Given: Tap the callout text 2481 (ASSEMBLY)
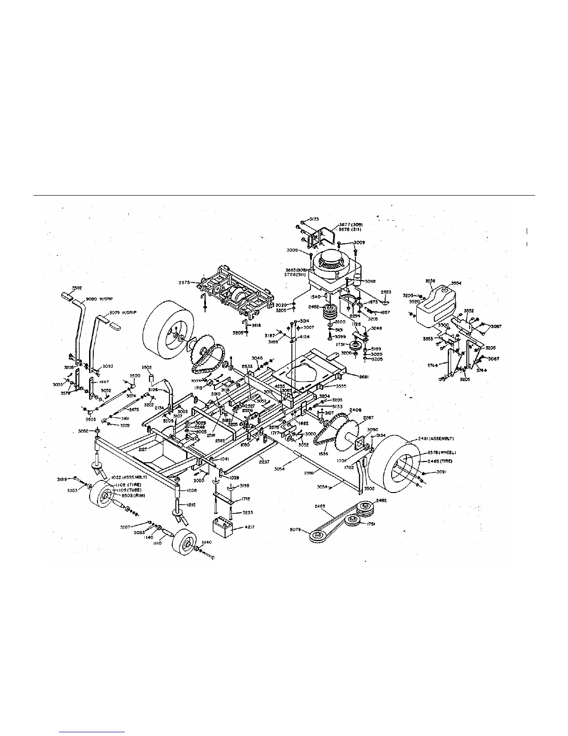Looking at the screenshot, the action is click(x=436, y=439).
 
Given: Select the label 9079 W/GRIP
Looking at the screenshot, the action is click(x=122, y=313).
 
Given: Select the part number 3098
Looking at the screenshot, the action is click(x=370, y=281).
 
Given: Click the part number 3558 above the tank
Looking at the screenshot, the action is click(x=431, y=282).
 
